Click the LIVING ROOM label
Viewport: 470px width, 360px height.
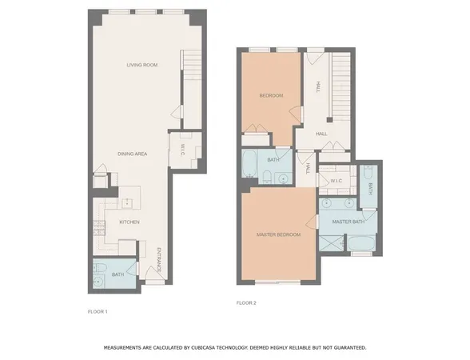pos(140,65)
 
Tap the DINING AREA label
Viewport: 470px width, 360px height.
pos(132,154)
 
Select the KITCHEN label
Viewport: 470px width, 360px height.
pos(129,222)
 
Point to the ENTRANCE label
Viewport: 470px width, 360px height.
pos(158,261)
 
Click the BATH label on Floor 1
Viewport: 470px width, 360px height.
pos(117,274)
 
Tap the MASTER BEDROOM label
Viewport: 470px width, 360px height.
pos(278,234)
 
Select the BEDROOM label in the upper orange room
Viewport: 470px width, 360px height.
pos(271,96)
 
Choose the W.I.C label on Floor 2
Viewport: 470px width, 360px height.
pos(337,182)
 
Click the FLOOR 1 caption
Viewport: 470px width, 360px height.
pos(98,310)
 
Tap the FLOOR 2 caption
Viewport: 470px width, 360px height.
pos(246,303)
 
